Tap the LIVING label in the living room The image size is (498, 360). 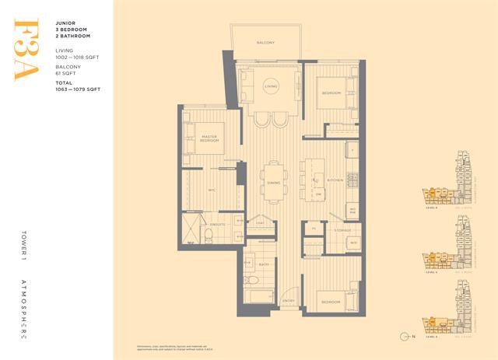pyautogui.click(x=271, y=86)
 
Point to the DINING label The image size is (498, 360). pyautogui.click(x=273, y=183)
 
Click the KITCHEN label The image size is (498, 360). pyautogui.click(x=335, y=180)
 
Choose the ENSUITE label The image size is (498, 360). pyautogui.click(x=218, y=224)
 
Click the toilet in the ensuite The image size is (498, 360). pyautogui.click(x=209, y=236)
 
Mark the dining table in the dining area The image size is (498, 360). pyautogui.click(x=273, y=180)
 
